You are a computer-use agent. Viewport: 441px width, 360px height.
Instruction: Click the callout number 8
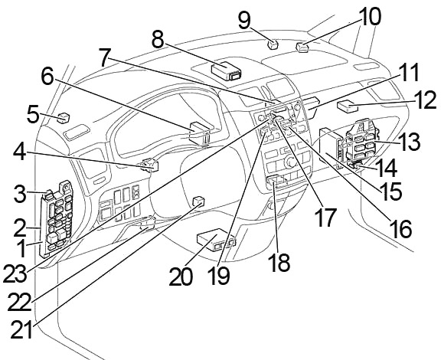click(x=158, y=40)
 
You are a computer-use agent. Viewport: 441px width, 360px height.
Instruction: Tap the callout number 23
click(x=15, y=273)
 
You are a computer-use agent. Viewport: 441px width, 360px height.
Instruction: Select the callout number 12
click(x=426, y=100)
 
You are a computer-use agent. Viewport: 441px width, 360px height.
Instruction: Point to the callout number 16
click(x=400, y=228)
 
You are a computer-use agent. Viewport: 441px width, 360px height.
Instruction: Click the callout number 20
click(x=181, y=277)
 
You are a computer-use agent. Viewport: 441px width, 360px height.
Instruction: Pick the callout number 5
click(x=33, y=114)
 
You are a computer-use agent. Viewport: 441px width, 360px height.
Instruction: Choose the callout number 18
click(x=279, y=262)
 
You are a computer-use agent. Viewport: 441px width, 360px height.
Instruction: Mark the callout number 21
click(x=21, y=329)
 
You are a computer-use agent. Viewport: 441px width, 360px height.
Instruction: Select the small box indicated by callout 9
click(x=273, y=44)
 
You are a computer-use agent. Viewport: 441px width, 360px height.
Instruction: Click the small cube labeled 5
click(x=64, y=118)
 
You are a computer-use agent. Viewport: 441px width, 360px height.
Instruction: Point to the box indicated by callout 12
click(x=348, y=107)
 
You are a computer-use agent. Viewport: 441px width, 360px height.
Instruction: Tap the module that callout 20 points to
click(x=216, y=239)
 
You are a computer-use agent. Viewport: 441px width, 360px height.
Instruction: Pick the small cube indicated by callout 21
click(x=198, y=201)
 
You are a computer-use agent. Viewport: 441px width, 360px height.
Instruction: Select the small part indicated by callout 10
click(x=302, y=47)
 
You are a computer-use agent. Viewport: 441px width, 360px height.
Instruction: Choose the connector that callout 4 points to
click(x=149, y=165)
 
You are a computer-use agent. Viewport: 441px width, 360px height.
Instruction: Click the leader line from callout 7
click(x=190, y=80)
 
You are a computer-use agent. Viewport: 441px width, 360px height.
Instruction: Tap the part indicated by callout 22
click(x=148, y=222)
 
